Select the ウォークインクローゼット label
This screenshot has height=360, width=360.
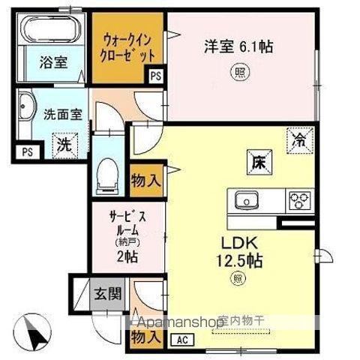(x=128, y=47)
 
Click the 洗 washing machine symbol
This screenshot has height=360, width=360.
(x=65, y=145)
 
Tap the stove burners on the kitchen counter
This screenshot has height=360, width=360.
(x=301, y=200)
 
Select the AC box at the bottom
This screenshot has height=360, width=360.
(x=181, y=339)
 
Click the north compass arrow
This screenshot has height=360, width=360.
(x=34, y=328)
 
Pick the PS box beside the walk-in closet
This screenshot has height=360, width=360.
(x=155, y=75)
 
